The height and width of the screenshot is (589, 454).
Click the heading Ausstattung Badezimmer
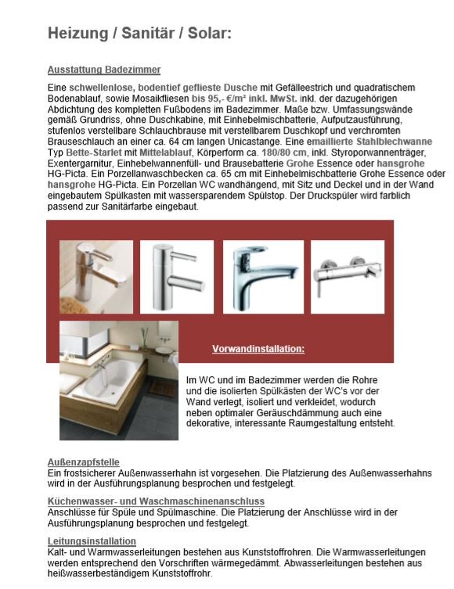[104, 70]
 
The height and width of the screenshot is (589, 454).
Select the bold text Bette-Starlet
[94, 153]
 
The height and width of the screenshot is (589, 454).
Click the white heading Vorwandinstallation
[258, 349]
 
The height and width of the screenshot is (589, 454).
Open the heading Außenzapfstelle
[84, 462]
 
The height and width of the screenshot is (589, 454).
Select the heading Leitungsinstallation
[92, 541]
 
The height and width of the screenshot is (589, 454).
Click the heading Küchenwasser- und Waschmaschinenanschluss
[156, 501]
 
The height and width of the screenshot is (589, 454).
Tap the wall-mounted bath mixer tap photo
[348, 277]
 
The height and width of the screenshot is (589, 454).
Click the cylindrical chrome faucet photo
[177, 277]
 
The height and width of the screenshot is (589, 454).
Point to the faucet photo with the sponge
[96, 277]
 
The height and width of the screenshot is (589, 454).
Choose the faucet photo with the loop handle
[263, 277]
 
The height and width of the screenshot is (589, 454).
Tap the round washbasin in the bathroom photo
[163, 350]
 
